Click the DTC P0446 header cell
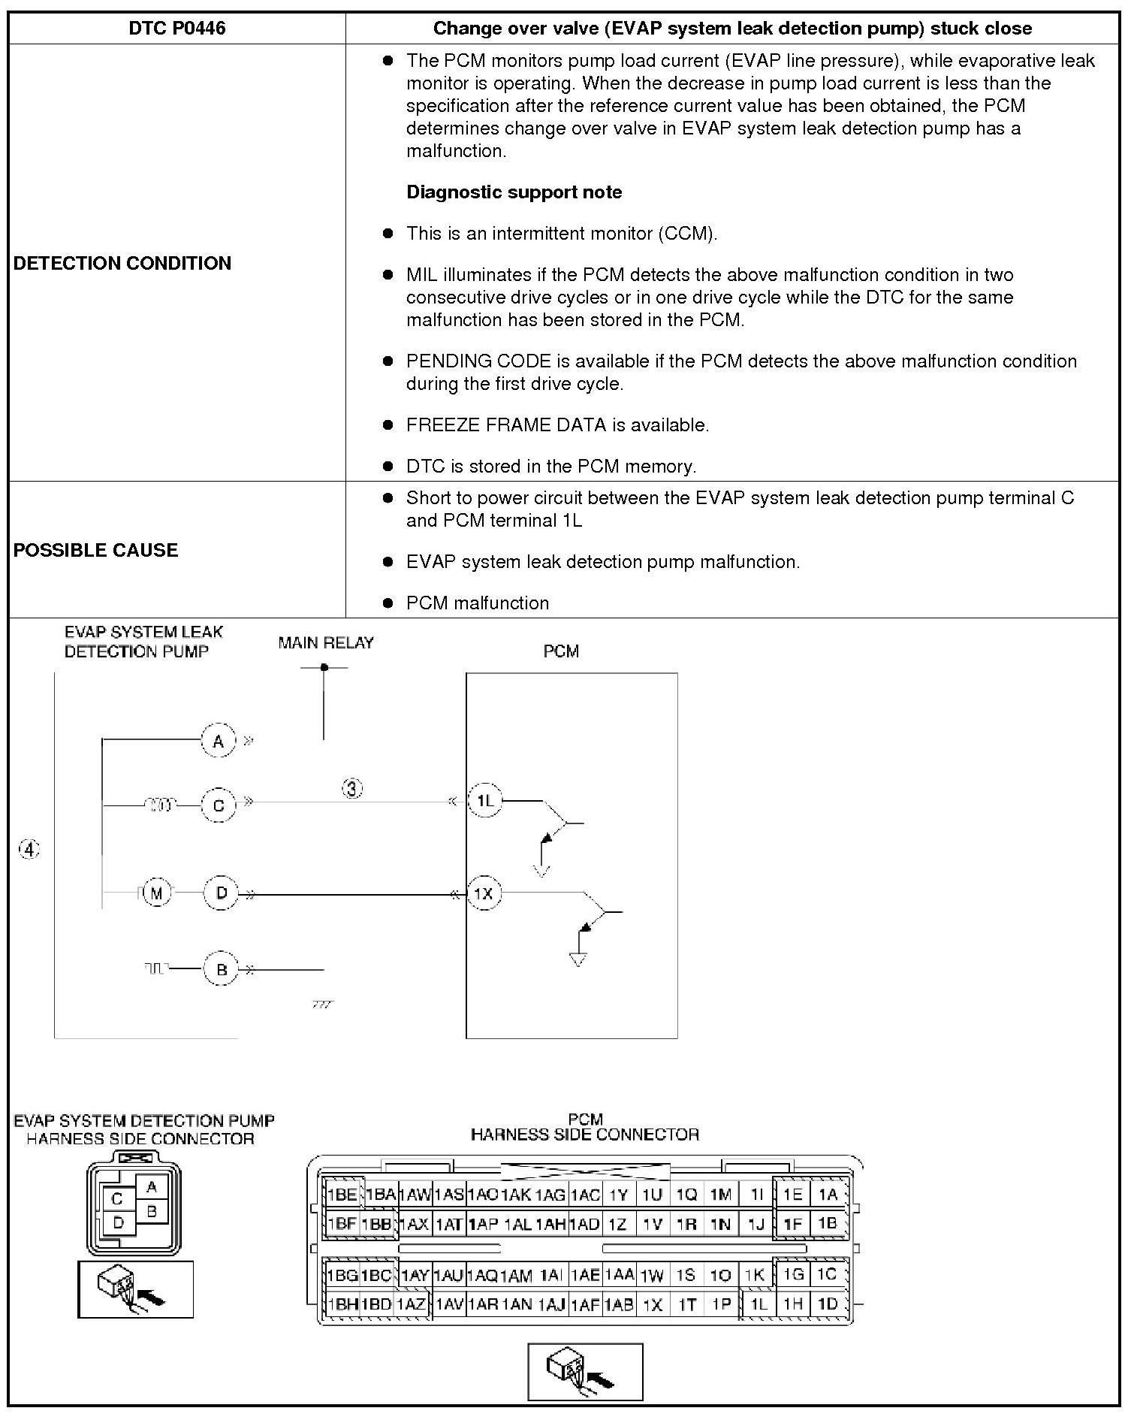(176, 29)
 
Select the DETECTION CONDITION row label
(122, 263)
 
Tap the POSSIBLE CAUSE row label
(95, 550)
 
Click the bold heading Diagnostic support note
(514, 192)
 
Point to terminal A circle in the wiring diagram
(219, 742)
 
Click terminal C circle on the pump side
(219, 805)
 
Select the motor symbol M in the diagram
(156, 893)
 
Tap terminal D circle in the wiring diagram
(221, 893)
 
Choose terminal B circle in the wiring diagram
(221, 970)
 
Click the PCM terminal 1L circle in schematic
(484, 801)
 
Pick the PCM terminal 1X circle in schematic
(484, 894)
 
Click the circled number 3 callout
(353, 789)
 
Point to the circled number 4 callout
(29, 850)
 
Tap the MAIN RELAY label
(325, 643)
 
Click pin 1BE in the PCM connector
(342, 1195)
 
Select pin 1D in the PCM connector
(828, 1304)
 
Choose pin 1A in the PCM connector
(828, 1195)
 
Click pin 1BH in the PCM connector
(342, 1304)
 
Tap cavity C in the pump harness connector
(116, 1199)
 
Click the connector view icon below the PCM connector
(585, 1372)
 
